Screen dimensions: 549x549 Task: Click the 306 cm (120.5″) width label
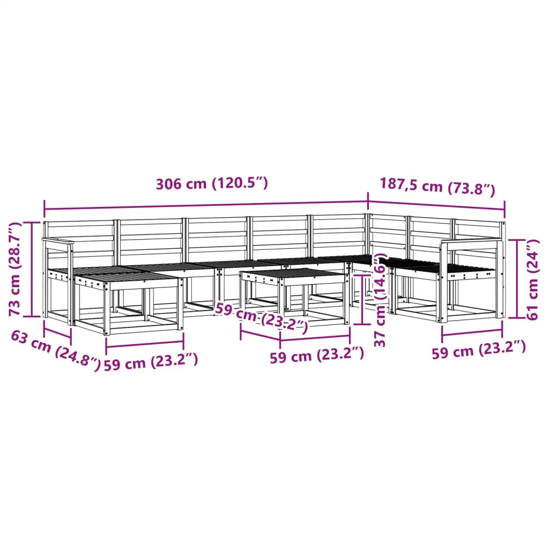(x=212, y=183)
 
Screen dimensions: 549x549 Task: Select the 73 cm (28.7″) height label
(x=15, y=269)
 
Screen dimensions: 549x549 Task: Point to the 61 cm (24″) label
(x=532, y=279)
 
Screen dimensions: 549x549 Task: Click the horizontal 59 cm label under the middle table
(x=317, y=355)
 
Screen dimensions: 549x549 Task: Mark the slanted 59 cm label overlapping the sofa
(x=262, y=317)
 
